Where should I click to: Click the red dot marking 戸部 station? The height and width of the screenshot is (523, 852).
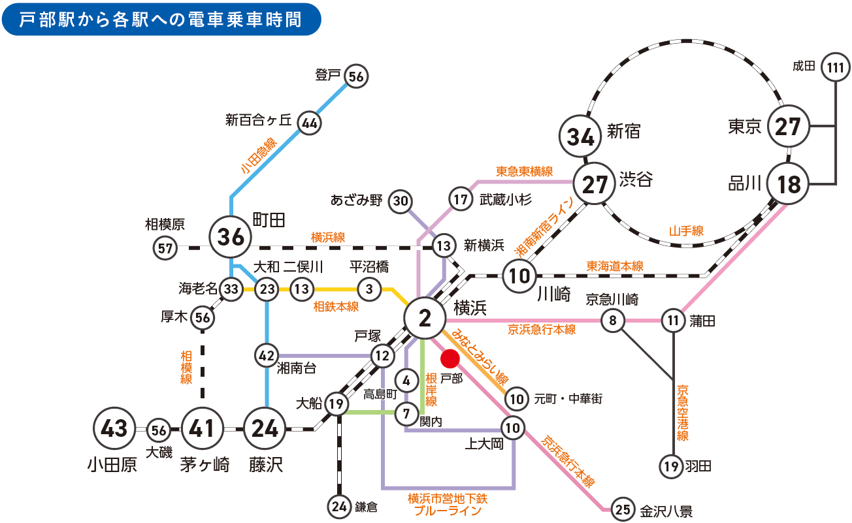[450, 358]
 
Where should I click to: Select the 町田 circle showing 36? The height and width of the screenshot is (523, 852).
[231, 237]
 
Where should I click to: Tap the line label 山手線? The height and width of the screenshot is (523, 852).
[686, 230]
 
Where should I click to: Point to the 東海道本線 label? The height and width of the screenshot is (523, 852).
[614, 266]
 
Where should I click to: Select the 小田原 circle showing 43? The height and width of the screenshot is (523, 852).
[116, 430]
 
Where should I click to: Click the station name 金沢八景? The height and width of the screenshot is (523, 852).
[666, 511]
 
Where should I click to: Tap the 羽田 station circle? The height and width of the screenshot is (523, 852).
[672, 466]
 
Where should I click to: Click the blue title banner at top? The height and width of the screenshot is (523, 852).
[161, 20]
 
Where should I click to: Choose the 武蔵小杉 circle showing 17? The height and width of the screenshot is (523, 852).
[460, 199]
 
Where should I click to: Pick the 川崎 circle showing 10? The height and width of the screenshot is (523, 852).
[519, 276]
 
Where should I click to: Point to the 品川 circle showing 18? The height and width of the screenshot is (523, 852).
[789, 185]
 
